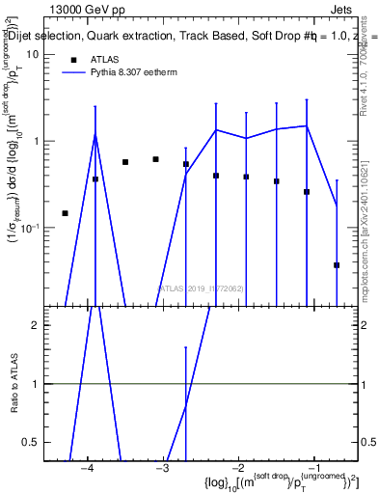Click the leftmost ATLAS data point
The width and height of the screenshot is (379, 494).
tap(65, 213)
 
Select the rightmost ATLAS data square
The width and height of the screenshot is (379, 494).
tap(337, 264)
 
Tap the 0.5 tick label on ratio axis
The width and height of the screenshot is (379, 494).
tap(28, 442)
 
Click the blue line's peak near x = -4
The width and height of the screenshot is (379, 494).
tap(95, 134)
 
